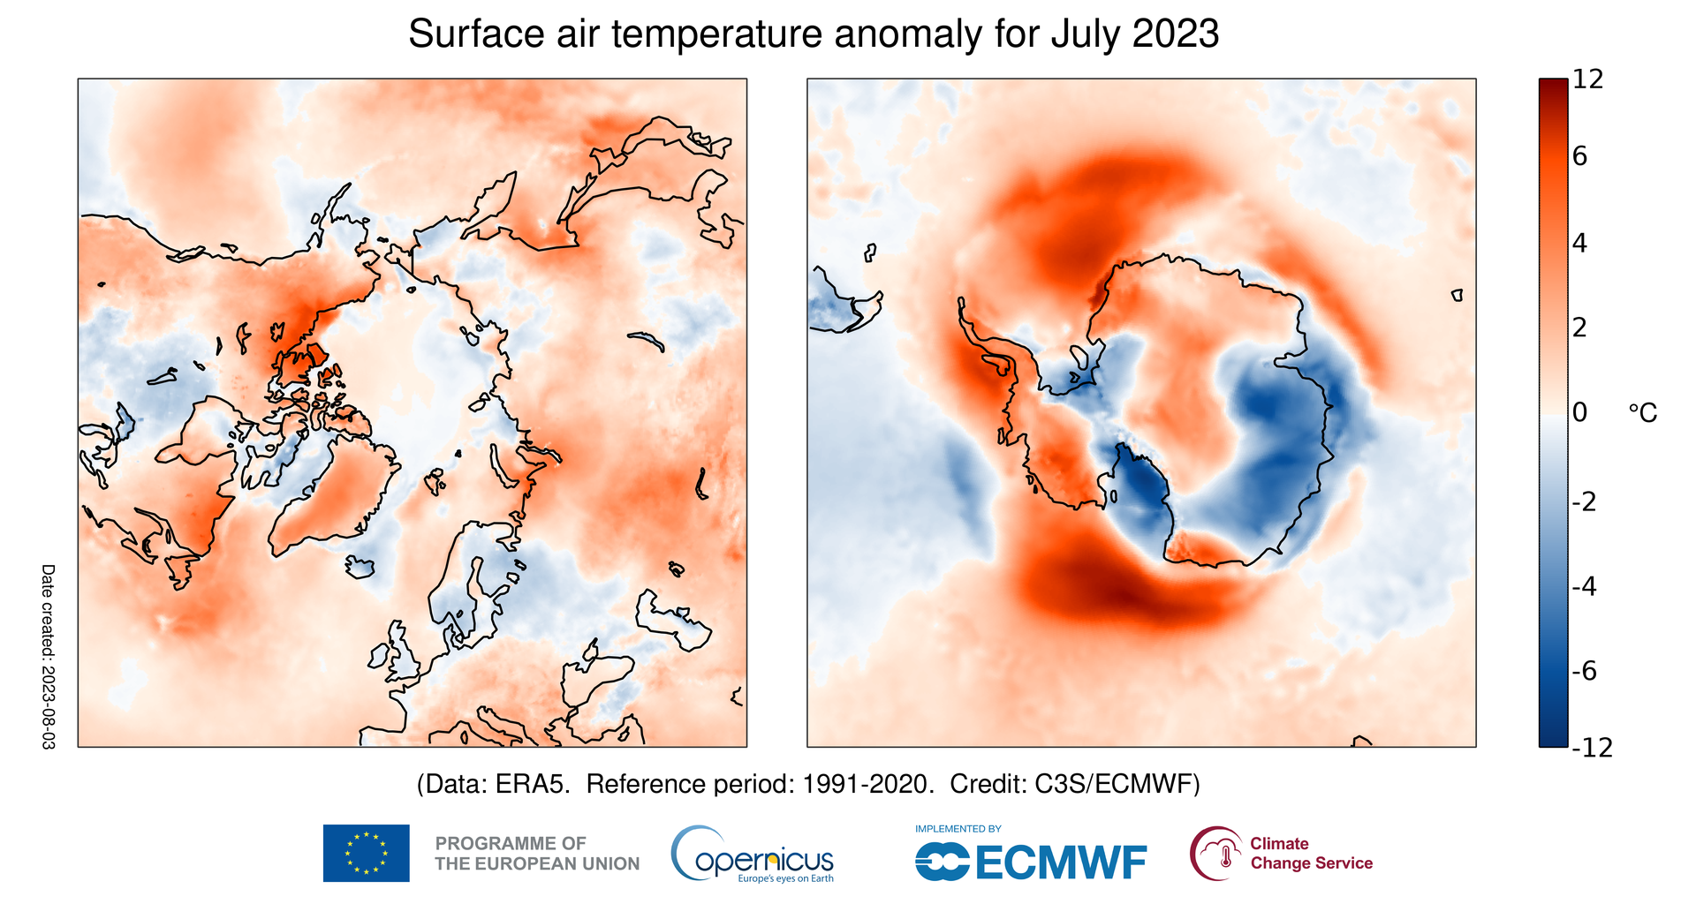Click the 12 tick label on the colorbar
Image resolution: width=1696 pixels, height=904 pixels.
point(1587,79)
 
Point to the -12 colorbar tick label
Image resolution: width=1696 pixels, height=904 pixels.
point(1592,748)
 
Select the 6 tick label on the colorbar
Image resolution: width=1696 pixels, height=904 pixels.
point(1580,156)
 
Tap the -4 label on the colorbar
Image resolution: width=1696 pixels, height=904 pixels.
point(1585,586)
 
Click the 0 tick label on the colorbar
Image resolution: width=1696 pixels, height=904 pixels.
point(1580,412)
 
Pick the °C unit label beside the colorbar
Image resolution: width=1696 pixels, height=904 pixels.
point(1642,413)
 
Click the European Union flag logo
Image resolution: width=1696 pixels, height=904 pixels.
point(366,853)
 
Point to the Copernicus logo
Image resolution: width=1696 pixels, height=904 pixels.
point(753,855)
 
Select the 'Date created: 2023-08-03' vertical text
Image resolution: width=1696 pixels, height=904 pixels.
point(48,657)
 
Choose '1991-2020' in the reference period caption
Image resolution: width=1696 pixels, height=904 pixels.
point(867,784)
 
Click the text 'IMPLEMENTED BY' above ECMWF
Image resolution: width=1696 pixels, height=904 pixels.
point(958,829)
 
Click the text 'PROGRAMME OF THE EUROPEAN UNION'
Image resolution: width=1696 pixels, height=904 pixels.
point(537,854)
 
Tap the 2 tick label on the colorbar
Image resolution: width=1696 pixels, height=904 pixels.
point(1580,328)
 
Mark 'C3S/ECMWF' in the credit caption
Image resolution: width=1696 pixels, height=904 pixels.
point(1117,784)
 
